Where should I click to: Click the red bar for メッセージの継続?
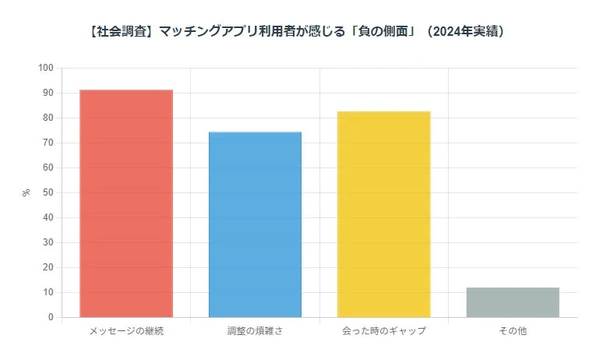click(x=126, y=203)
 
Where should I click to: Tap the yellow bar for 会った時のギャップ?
click(x=383, y=214)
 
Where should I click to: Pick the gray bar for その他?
click(x=513, y=302)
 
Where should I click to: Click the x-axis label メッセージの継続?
click(x=126, y=331)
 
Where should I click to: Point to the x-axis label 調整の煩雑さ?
click(x=255, y=331)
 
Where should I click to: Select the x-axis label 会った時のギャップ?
click(x=383, y=331)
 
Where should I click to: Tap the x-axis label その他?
click(x=513, y=331)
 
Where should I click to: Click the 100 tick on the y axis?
click(x=45, y=68)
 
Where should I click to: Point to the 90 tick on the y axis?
click(x=48, y=93)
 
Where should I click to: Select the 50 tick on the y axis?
click(x=48, y=192)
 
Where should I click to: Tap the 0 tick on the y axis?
click(x=50, y=317)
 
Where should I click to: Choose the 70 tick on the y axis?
click(x=48, y=143)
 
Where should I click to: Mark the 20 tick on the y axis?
click(x=48, y=267)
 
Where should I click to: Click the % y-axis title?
click(x=26, y=192)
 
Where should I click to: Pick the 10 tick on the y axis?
click(x=48, y=292)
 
